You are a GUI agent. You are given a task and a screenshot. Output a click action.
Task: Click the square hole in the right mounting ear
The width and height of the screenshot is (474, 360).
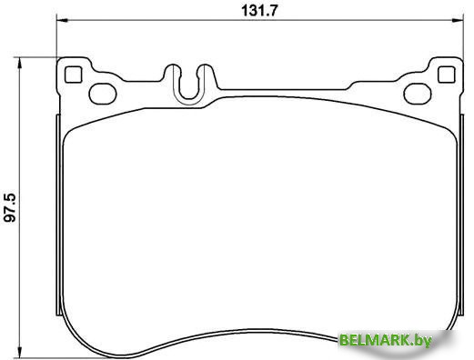tap(444, 73)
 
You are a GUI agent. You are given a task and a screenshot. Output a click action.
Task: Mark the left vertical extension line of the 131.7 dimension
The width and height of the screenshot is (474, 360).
tap(56, 36)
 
